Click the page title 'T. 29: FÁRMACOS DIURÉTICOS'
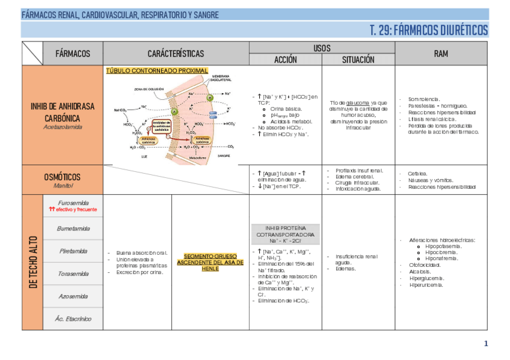tap(429, 31)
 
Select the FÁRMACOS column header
tap(73, 53)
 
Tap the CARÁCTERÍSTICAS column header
tap(176, 53)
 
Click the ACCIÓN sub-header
tap(286, 59)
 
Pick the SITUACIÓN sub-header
tap(358, 59)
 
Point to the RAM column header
tap(441, 53)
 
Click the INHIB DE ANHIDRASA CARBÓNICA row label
tap(63, 111)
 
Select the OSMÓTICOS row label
tap(63, 177)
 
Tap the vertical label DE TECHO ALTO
tap(33, 261)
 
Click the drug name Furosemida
tap(73, 203)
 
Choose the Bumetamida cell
tap(73, 228)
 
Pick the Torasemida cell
tap(73, 273)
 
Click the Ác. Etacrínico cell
tap(73, 319)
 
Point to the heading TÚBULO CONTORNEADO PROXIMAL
tap(157, 70)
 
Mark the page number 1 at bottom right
tap(486, 344)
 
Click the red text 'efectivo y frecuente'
tap(76, 210)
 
